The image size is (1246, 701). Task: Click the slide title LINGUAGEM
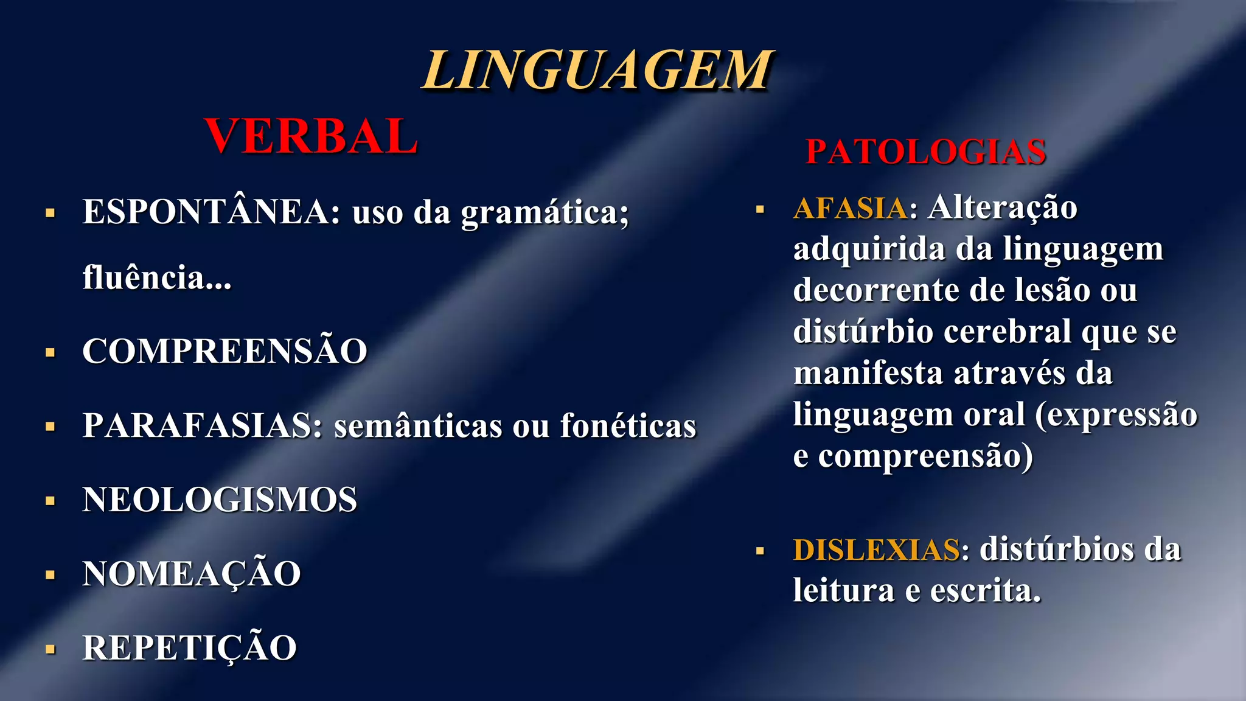pyautogui.click(x=598, y=71)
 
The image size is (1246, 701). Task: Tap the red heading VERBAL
pyautogui.click(x=311, y=136)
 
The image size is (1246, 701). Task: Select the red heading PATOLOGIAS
pyautogui.click(x=925, y=152)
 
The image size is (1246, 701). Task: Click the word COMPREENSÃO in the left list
pyautogui.click(x=224, y=351)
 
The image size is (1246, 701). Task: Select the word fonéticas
pyautogui.click(x=628, y=425)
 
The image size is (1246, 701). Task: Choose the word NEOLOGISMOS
pyautogui.click(x=220, y=500)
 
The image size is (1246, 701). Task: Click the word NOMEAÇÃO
pyautogui.click(x=192, y=574)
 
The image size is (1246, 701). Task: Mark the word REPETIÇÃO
pyautogui.click(x=189, y=647)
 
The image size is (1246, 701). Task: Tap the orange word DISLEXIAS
pyautogui.click(x=877, y=549)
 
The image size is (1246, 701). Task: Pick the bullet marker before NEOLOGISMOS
pyautogui.click(x=50, y=501)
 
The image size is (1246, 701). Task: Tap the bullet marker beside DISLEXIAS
pyautogui.click(x=760, y=551)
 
